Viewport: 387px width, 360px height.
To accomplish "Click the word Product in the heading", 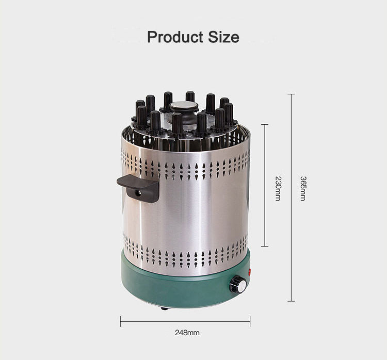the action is (x=175, y=37).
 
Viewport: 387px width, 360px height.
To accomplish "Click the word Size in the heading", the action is (x=223, y=37).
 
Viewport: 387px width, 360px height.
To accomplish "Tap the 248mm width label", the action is (x=187, y=333).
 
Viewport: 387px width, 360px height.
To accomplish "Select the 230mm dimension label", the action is (x=278, y=188).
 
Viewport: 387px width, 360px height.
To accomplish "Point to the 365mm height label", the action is (x=303, y=188).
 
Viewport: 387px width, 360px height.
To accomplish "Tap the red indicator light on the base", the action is (x=249, y=272).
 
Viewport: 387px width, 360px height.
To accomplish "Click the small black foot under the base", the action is (x=164, y=308).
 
